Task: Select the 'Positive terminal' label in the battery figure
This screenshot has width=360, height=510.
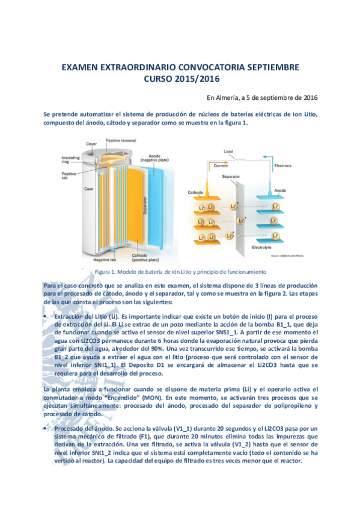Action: (x=121, y=141)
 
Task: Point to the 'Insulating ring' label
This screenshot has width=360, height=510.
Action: (x=71, y=159)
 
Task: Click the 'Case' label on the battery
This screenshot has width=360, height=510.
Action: (x=88, y=189)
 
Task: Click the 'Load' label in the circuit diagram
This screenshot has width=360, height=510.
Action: (x=228, y=151)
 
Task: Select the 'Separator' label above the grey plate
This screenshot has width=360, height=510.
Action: (x=231, y=177)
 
